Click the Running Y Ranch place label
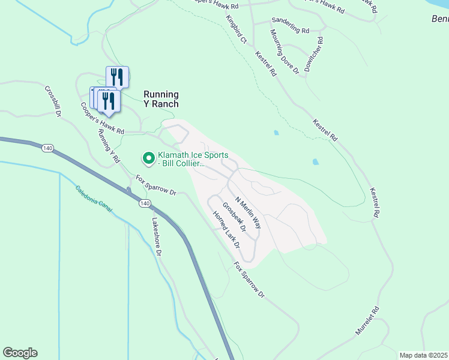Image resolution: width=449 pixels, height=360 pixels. [x=161, y=99]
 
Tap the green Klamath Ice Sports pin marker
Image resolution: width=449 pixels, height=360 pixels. [x=147, y=158]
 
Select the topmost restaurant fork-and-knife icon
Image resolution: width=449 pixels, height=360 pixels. [x=117, y=77]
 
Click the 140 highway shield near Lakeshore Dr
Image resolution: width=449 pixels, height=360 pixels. [x=144, y=203]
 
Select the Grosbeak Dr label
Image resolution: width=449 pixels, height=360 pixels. [x=234, y=217]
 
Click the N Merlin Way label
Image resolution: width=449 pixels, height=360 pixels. [x=248, y=212]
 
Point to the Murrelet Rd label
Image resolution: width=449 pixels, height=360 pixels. [x=376, y=321]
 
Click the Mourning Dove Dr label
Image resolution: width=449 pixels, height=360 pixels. [x=284, y=52]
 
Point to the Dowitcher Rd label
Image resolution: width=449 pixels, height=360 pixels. [x=314, y=55]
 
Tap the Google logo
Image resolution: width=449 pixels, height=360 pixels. [x=20, y=353]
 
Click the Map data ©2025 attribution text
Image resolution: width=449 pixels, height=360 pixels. [x=423, y=355]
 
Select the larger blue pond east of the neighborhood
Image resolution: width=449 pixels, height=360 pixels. [x=315, y=161]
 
